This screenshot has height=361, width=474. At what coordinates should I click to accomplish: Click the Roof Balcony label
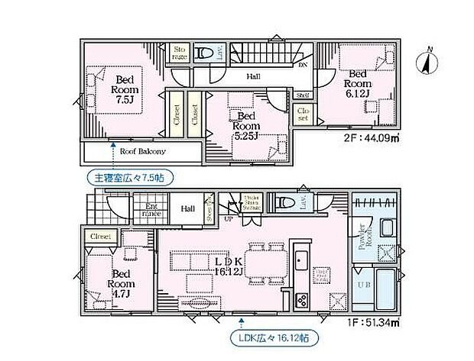pyautogui.click(x=143, y=151)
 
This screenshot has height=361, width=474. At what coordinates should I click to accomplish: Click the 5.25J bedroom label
pyautogui.click(x=247, y=127)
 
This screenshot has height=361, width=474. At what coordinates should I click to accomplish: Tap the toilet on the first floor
pyautogui.click(x=284, y=203)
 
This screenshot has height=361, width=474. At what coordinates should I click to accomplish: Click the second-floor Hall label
pyautogui.click(x=254, y=76)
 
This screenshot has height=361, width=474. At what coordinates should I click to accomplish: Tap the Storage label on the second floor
pyautogui.click(x=180, y=51)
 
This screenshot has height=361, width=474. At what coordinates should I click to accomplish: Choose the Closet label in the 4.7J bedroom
pyautogui.click(x=99, y=237)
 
